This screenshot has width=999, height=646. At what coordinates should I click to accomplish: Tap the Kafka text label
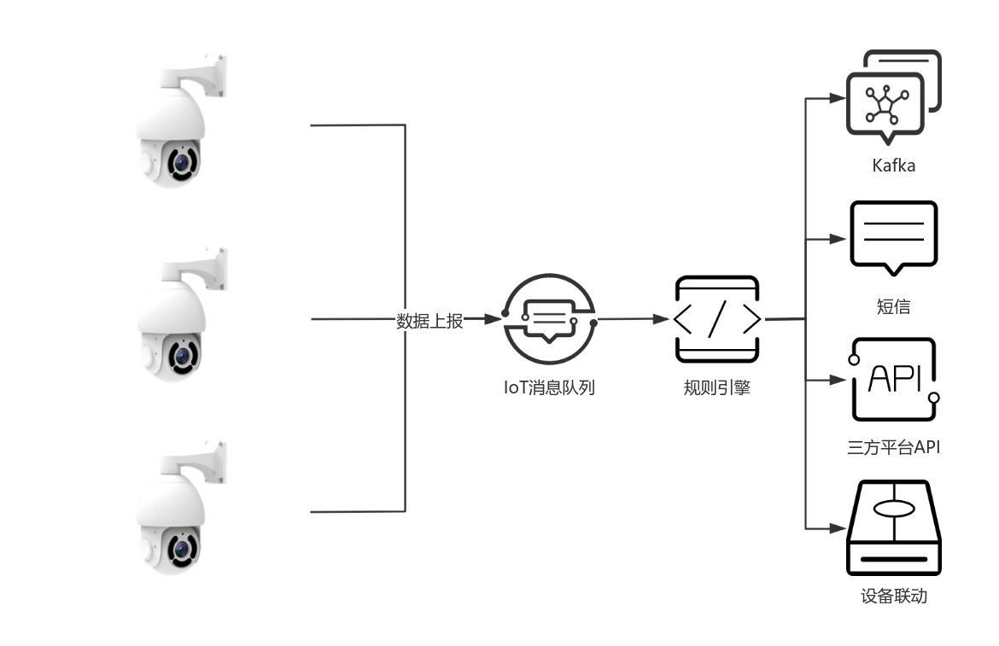click(894, 166)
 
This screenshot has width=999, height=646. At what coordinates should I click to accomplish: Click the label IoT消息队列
click(548, 388)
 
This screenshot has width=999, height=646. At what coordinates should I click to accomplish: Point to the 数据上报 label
click(429, 321)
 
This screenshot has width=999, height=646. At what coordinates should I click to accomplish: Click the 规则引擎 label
click(716, 388)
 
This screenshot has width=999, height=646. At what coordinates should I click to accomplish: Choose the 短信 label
click(893, 307)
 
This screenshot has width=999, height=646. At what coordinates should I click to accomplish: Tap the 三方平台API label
click(893, 446)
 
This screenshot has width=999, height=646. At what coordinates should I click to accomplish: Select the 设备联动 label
click(894, 596)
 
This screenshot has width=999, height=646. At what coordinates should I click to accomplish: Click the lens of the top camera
click(181, 161)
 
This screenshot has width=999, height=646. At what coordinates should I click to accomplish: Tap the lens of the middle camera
click(181, 353)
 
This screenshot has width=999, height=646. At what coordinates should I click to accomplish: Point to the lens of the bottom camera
click(181, 546)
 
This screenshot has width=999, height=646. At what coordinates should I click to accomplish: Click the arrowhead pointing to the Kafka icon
click(838, 98)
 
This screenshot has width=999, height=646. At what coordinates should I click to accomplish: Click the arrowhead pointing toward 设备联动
click(838, 528)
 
